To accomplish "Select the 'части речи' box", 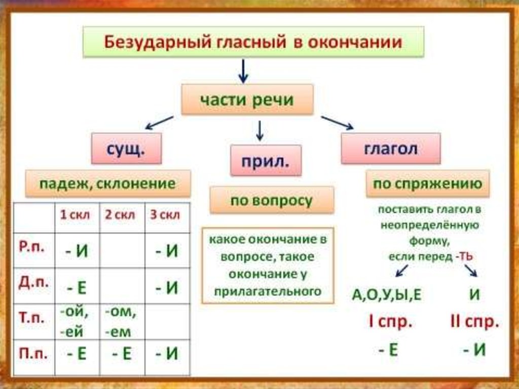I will [247, 99].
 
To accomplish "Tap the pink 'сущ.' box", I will [126, 148].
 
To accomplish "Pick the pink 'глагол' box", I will [390, 148].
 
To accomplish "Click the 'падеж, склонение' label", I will [108, 183].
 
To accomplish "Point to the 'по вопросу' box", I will [272, 200].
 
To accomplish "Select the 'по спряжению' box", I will [427, 184].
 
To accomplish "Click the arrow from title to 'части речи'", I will [243, 70].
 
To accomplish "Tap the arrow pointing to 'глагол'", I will [337, 122].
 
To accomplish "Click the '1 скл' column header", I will [76, 215].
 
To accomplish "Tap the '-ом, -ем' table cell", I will [121, 322].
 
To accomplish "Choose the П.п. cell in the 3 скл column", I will [167, 353].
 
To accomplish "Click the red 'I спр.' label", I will [390, 322].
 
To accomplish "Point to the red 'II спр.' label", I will [474, 322].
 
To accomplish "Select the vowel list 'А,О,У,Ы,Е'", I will [387, 295].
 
